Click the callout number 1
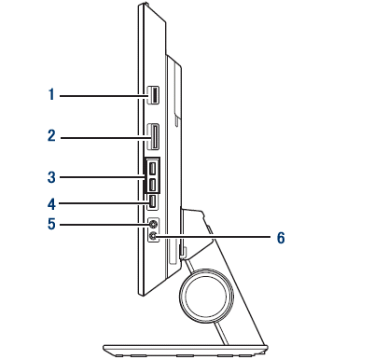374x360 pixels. click(x=52, y=94)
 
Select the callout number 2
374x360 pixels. click(x=52, y=136)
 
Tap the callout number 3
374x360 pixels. click(x=51, y=177)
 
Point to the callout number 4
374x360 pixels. click(x=51, y=204)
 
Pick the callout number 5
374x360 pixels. click(x=51, y=224)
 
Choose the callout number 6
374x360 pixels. click(x=281, y=238)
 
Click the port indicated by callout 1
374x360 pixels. click(x=153, y=95)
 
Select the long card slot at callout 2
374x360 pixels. click(x=153, y=137)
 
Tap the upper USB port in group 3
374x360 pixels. click(x=152, y=169)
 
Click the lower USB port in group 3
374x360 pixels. click(x=152, y=186)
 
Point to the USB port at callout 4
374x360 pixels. click(x=153, y=201)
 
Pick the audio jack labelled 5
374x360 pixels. click(x=153, y=224)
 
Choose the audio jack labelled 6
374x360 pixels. click(x=153, y=237)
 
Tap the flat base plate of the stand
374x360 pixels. click(x=186, y=350)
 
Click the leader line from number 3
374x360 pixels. click(x=102, y=177)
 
